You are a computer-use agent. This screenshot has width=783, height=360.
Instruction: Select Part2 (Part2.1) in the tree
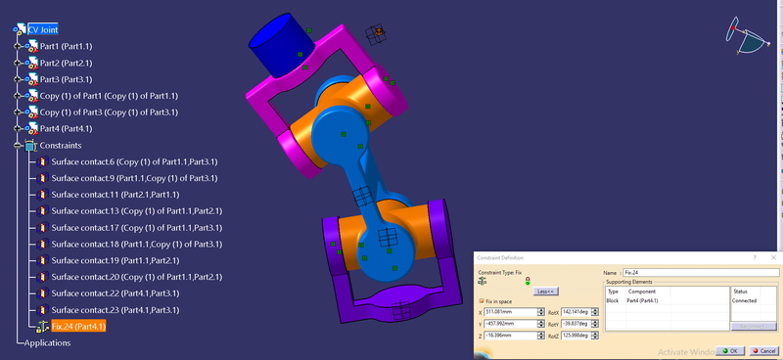pyautogui.click(x=66, y=63)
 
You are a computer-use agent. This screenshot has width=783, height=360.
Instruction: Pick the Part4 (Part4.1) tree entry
pyautogui.click(x=66, y=128)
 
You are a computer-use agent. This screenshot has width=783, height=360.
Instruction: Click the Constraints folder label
pyautogui.click(x=62, y=145)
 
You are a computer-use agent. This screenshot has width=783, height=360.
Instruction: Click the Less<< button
pyautogui.click(x=545, y=291)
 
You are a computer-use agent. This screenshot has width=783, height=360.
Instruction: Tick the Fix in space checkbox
pyautogui.click(x=481, y=300)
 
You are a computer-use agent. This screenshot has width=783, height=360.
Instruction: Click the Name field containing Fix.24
pyautogui.click(x=704, y=272)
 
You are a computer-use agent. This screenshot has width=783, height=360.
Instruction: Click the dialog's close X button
pyautogui.click(x=773, y=257)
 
